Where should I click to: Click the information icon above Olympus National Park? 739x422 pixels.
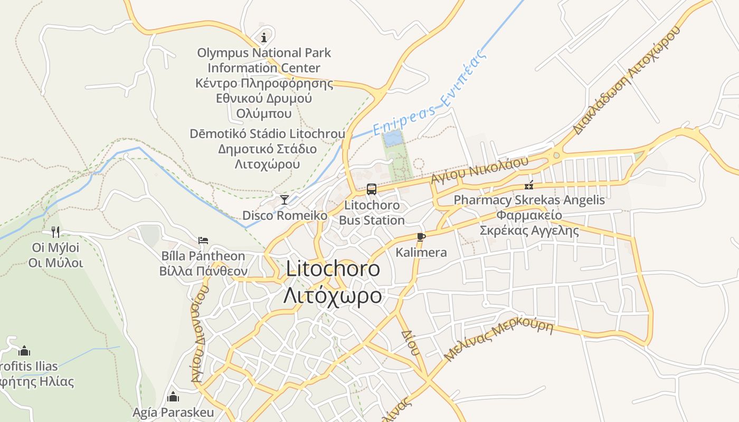pos(264,37)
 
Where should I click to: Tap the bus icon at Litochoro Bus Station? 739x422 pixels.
pos(372,189)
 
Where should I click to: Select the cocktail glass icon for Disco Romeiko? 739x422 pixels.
pos(285,199)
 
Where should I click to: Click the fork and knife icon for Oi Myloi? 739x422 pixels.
pos(55,232)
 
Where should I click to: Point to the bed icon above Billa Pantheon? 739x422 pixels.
pos(203,240)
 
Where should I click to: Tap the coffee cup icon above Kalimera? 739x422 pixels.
pos(421,237)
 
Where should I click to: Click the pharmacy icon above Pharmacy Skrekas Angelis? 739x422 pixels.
pos(529,185)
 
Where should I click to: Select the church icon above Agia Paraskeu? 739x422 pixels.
pos(173,397)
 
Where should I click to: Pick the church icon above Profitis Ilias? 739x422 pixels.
pos(24,351)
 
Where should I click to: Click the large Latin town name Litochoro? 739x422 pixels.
pos(333,269)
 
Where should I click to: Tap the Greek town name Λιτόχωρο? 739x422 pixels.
pos(333,295)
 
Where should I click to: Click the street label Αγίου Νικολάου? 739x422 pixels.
pos(479,170)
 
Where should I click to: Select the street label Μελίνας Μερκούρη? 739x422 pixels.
pos(498,341)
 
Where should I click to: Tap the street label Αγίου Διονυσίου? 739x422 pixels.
pos(199,335)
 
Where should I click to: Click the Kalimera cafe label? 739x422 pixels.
pos(421,253)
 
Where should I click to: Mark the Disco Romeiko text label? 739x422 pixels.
pos(285,216)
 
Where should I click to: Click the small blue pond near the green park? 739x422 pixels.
pos(392,139)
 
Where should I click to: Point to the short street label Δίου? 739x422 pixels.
pos(410,342)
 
